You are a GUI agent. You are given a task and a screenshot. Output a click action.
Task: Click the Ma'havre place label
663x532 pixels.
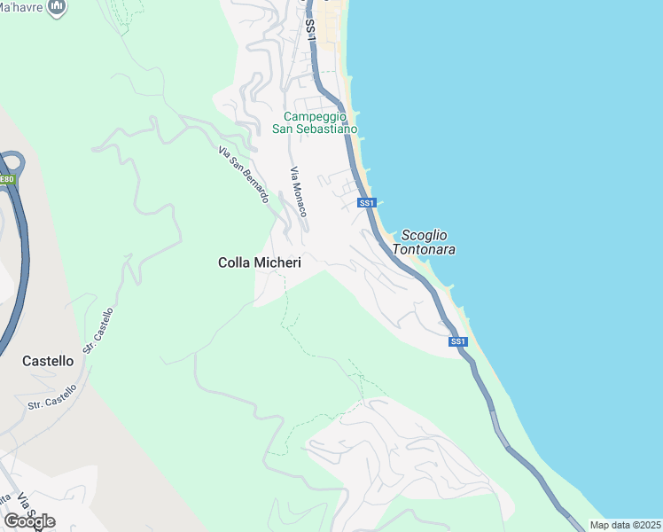click(22, 7)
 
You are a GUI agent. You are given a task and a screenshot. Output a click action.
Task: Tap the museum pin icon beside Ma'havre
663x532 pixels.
click(58, 8)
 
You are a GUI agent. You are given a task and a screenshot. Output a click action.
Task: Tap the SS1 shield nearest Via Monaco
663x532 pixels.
click(367, 203)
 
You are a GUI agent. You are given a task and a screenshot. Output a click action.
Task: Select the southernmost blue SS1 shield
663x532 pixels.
click(457, 341)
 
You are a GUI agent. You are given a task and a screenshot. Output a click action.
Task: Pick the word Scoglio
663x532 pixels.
click(424, 235)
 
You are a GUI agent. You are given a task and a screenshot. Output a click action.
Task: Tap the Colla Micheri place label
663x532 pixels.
click(260, 262)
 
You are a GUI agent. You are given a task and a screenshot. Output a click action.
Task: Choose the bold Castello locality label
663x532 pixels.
click(48, 361)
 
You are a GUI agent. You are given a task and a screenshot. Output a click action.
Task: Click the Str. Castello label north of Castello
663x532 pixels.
click(99, 331)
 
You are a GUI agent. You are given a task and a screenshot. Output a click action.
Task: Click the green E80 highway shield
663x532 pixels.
click(7, 180)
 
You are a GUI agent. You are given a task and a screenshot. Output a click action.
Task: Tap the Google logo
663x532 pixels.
click(29, 520)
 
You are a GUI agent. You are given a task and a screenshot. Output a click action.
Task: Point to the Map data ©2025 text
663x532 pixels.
click(625, 525)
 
